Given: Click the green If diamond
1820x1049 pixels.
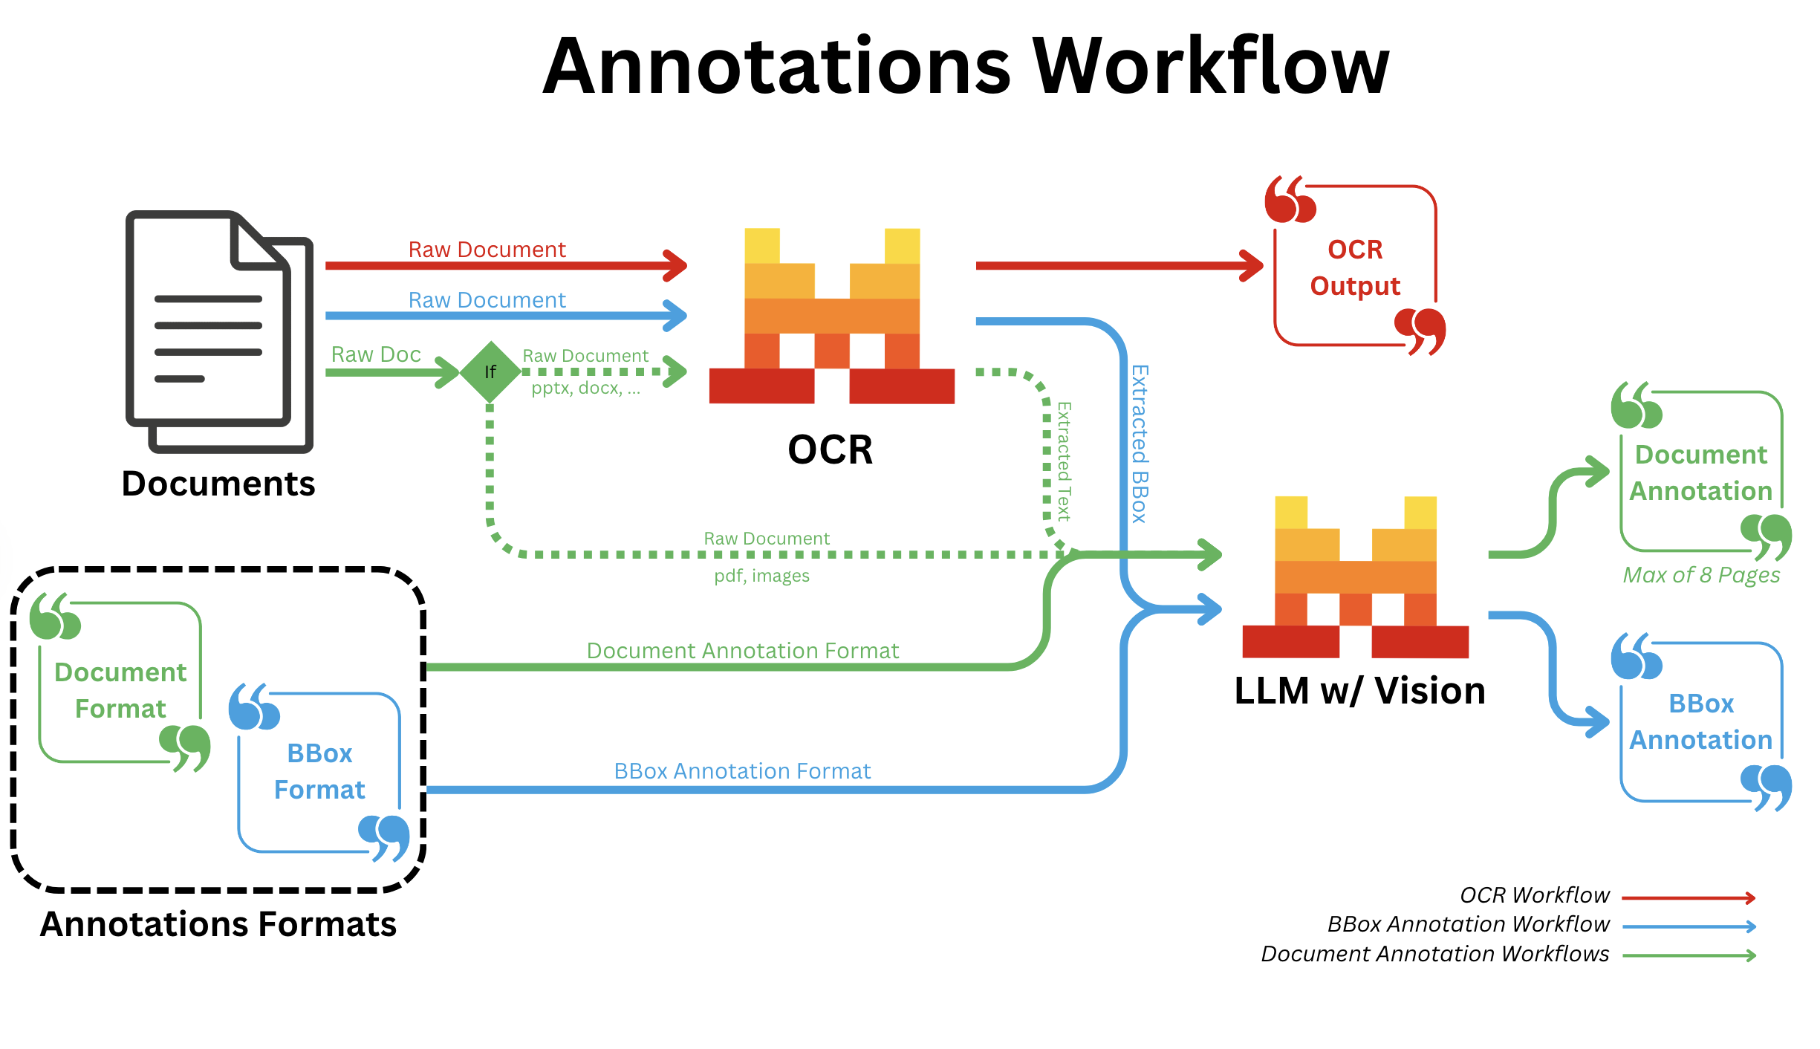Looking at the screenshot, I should pos(490,371).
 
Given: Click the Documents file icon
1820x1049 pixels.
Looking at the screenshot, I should pos(219,331).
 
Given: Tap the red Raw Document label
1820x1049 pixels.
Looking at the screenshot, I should pos(487,250).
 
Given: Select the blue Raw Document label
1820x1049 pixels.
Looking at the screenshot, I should pos(487,300).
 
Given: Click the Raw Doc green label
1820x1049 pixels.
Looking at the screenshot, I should pos(376,354).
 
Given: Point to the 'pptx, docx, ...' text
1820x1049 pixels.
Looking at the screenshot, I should pos(585,388).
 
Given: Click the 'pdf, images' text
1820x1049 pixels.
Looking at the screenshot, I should pos(761,576).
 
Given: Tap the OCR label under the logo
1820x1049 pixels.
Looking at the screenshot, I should pos(830,450).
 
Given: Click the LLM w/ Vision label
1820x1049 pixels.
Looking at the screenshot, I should pos(1359,691).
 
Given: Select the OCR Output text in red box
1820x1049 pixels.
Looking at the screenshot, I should pos(1355,267).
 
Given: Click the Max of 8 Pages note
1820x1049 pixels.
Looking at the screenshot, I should pos(1701,575).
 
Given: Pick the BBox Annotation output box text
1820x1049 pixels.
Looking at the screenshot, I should pos(1701,721).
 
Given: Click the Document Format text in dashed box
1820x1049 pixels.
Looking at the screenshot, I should pos(120,690).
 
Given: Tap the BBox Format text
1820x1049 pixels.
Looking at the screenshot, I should pos(319,771).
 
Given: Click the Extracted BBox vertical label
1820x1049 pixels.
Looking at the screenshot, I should pos(1139,444).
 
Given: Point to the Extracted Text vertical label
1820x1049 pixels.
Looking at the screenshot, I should pos(1064,461).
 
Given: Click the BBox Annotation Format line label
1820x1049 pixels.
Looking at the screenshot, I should pos(742,771).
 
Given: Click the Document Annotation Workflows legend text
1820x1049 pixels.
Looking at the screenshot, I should pos(1434,954).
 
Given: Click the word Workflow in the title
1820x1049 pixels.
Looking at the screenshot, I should pos(1211,67).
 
